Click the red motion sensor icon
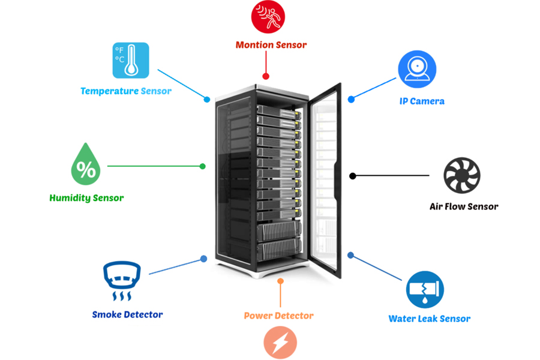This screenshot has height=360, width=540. [x=268, y=16]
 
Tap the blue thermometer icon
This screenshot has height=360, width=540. [x=131, y=61]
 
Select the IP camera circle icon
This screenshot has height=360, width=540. [x=417, y=68]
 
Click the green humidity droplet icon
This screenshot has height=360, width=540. [x=86, y=164]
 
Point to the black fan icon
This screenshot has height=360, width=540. [x=462, y=176]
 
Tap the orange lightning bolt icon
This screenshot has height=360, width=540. [x=280, y=343]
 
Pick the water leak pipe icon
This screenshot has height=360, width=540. [x=425, y=289]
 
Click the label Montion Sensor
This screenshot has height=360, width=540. [x=271, y=45]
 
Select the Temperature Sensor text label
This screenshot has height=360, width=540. [x=126, y=91]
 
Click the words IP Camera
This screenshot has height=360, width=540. [x=422, y=101]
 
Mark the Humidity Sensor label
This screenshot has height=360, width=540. [x=86, y=198]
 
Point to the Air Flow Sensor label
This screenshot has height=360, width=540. [x=464, y=206]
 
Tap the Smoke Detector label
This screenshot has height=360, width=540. [x=127, y=314]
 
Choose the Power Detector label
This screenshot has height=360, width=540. [x=278, y=316]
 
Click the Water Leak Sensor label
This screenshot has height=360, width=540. [x=429, y=319]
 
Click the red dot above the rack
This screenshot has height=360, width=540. [x=266, y=76]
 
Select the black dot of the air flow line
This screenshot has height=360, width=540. [x=353, y=176]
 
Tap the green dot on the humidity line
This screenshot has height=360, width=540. [x=203, y=166]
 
